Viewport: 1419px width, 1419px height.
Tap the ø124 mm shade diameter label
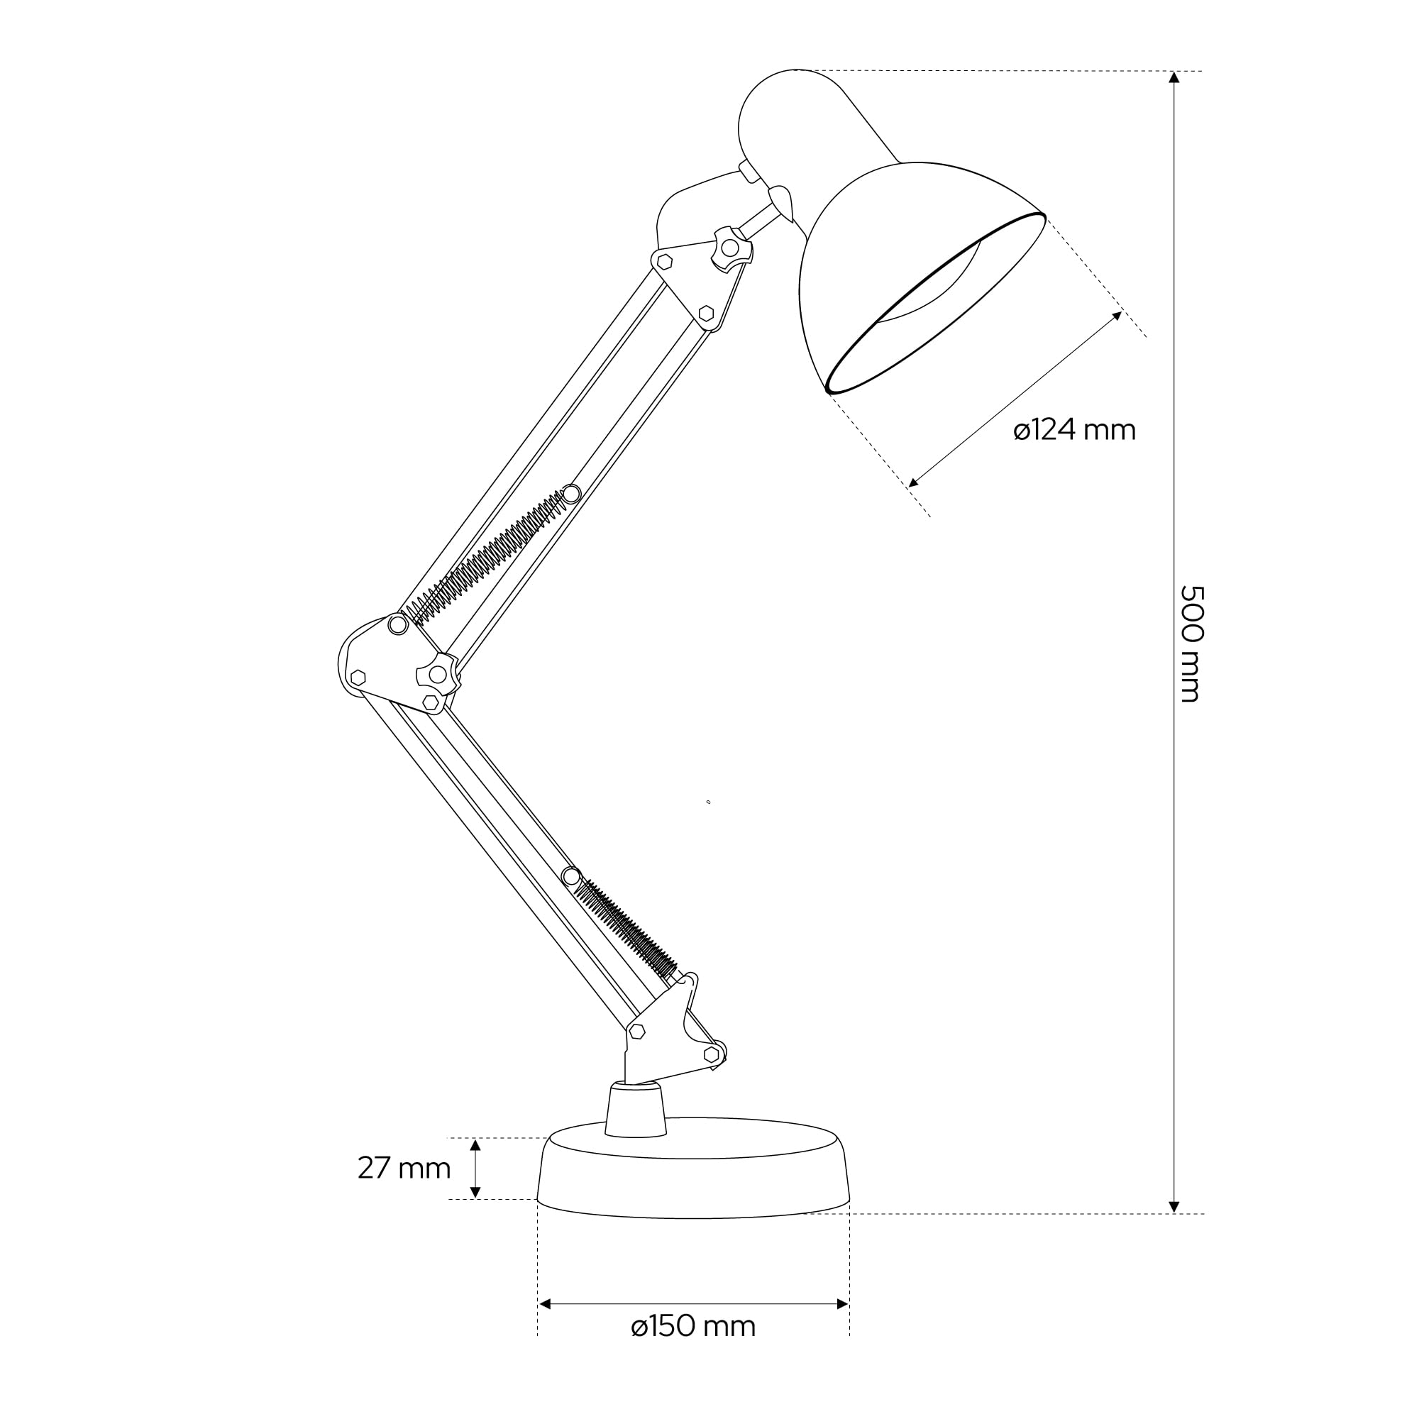[x=1074, y=431]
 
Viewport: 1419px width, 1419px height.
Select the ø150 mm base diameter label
[x=693, y=1327]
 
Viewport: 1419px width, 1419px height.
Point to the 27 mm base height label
[x=404, y=1168]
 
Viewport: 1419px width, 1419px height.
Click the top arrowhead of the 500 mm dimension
[x=1174, y=77]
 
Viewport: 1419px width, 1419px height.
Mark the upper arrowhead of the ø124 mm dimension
[x=1117, y=316]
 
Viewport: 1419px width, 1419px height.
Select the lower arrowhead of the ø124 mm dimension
[x=915, y=482]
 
